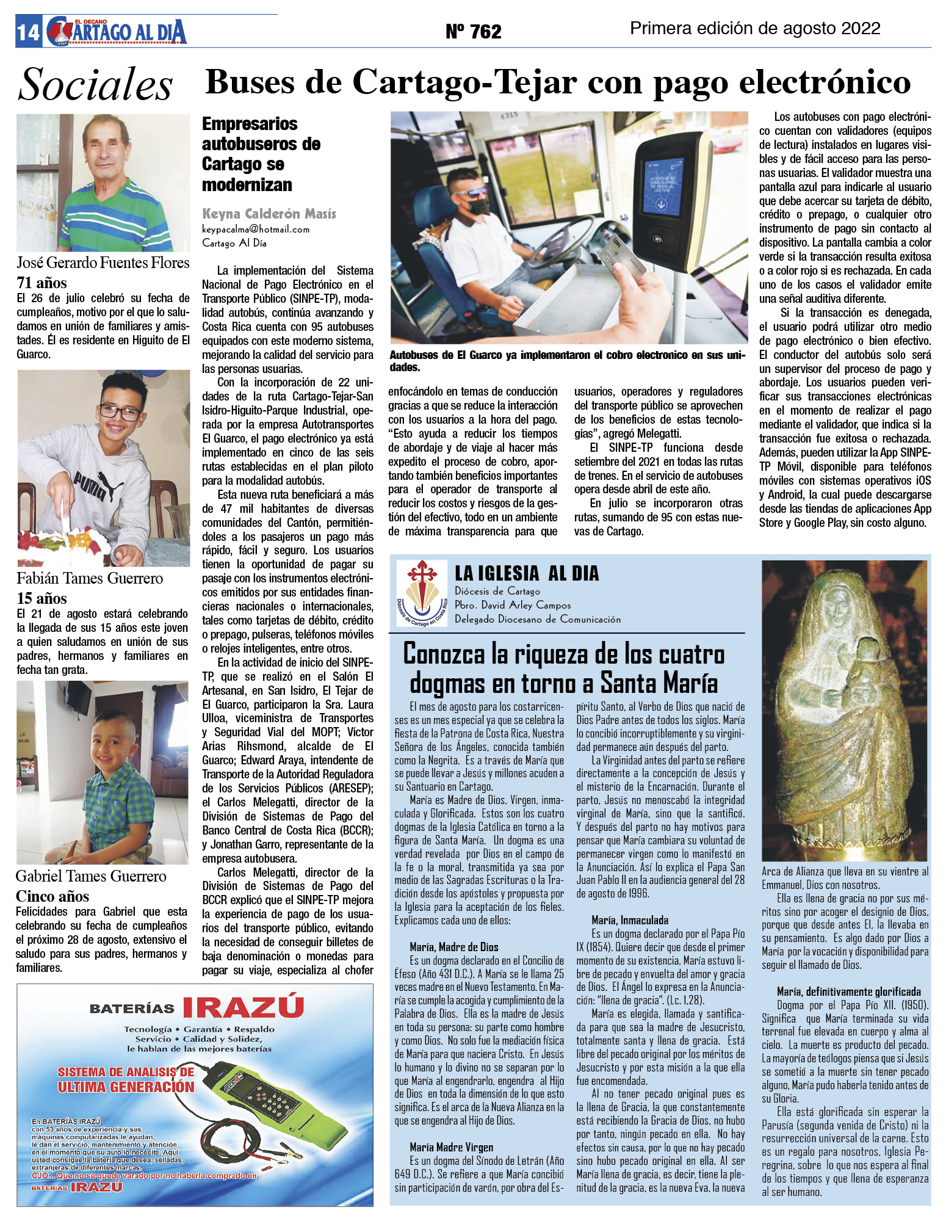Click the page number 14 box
point(28,32)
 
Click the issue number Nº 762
point(473,31)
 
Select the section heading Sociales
point(95,84)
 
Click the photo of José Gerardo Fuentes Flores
point(103,183)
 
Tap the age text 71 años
point(42,283)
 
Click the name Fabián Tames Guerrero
point(90,578)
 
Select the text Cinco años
point(52,896)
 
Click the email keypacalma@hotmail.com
point(256,230)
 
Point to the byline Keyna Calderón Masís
point(269,214)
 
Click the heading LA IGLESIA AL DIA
point(527,573)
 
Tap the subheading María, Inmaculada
point(629,920)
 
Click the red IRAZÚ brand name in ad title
point(243,1007)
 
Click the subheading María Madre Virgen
point(451,1147)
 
